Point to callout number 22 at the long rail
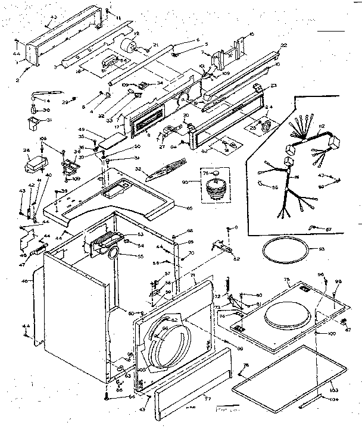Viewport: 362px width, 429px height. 283,45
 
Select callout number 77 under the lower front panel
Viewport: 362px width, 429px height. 207,397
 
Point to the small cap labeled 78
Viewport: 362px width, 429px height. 216,174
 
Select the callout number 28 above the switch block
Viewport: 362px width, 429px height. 26,151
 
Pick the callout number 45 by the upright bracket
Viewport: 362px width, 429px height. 251,34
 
